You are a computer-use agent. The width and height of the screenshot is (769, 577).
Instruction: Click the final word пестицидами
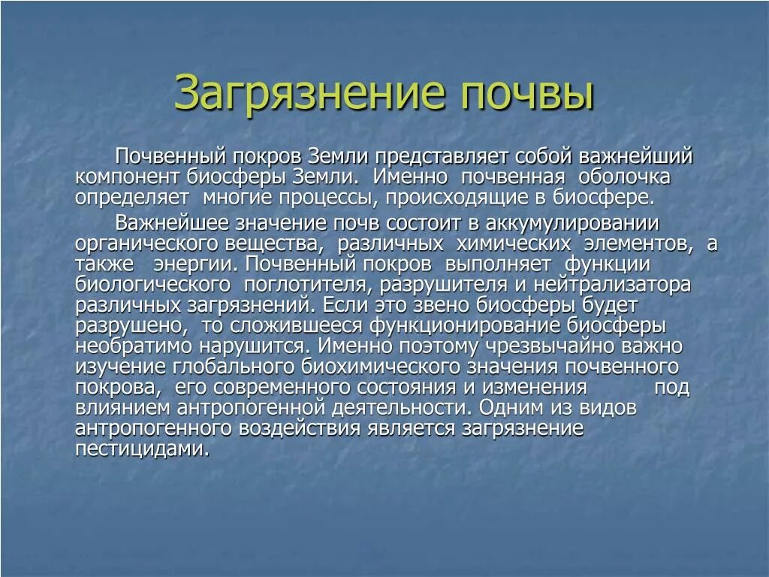(141, 449)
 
